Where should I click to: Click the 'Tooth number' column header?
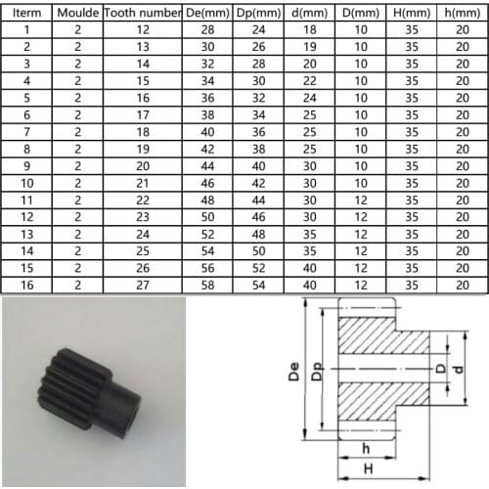pyautogui.click(x=142, y=14)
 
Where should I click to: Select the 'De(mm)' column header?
pyautogui.click(x=208, y=14)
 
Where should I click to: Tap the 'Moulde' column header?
pyautogui.click(x=78, y=14)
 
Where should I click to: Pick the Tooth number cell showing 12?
pyautogui.click(x=142, y=30)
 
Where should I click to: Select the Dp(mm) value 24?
pyautogui.click(x=258, y=30)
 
